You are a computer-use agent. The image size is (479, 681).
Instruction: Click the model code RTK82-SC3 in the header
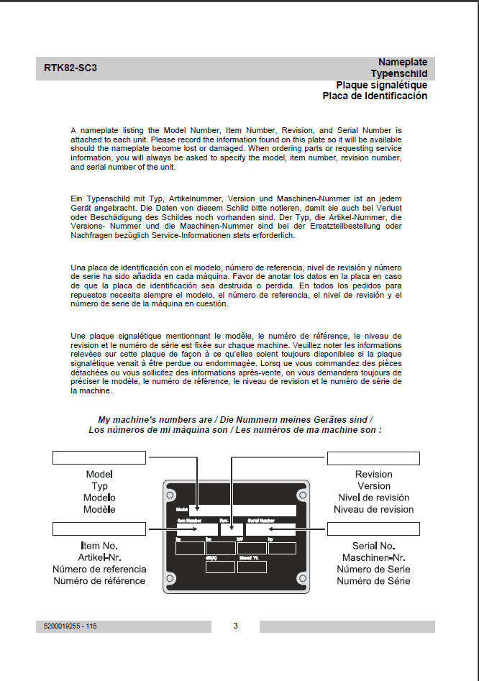coord(70,68)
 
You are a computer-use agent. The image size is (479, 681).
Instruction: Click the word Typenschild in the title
coord(398,73)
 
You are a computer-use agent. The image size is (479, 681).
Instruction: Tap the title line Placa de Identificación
coord(375,96)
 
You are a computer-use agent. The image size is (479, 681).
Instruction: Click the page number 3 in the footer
coord(235,626)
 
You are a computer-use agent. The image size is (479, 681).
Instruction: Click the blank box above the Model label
coord(99,458)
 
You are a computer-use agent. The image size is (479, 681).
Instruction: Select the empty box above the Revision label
coord(373,458)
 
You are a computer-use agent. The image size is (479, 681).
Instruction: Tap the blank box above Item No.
coord(99,529)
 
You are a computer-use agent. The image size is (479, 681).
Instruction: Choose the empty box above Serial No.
coord(373,529)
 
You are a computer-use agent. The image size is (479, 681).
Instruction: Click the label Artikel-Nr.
coord(100,557)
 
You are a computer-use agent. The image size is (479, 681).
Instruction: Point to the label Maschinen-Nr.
coord(373,557)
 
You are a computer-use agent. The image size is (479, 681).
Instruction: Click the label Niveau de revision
coord(373,509)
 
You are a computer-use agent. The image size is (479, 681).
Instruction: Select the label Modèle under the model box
coord(100,509)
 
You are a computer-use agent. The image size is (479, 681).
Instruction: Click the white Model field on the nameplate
coord(242,510)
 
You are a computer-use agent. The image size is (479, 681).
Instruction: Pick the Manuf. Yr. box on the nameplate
coord(252,567)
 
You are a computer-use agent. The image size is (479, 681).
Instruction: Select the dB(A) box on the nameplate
coord(219,567)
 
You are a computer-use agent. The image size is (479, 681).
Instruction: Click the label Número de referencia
coord(100,569)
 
